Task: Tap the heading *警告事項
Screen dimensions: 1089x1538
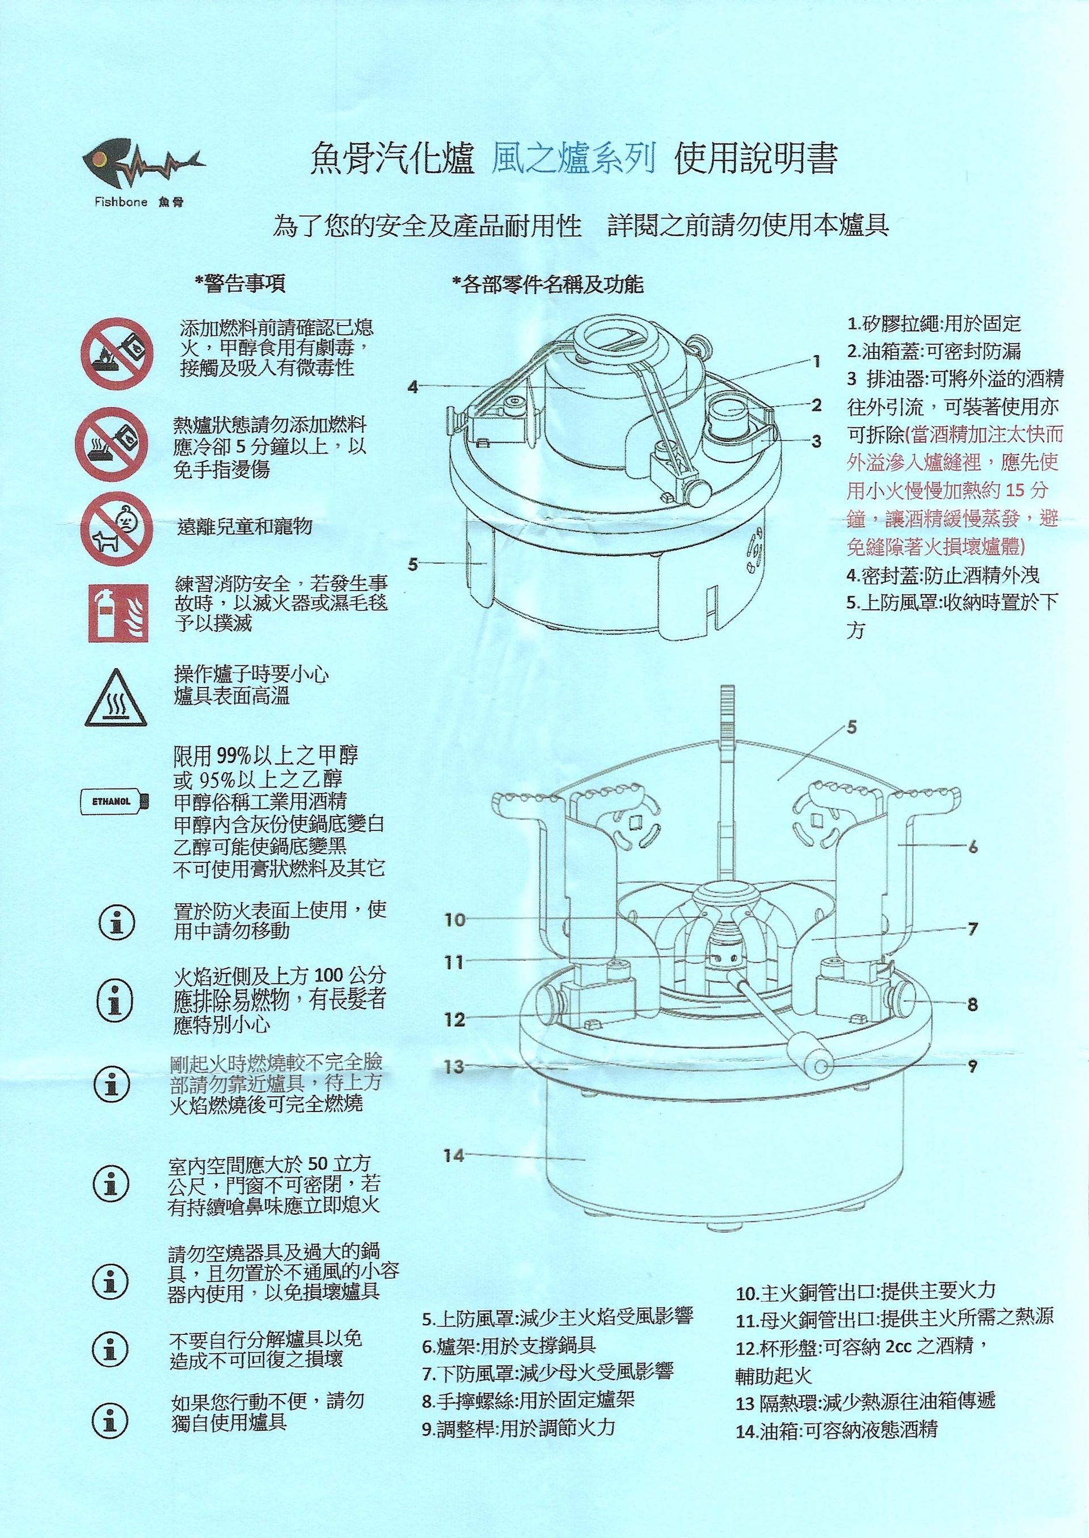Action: pyautogui.click(x=239, y=284)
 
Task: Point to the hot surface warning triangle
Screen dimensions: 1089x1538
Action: pyautogui.click(x=115, y=699)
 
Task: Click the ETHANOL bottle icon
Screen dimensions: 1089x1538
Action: pyautogui.click(x=114, y=801)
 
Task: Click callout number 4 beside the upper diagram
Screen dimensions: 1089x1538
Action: pyautogui.click(x=413, y=387)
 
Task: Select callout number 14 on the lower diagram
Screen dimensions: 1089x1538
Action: pyautogui.click(x=454, y=1155)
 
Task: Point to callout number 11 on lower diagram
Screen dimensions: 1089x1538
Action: pyautogui.click(x=454, y=963)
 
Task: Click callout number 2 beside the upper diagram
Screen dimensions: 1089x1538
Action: pyautogui.click(x=816, y=404)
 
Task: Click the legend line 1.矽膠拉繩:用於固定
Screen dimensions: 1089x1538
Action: pyautogui.click(x=934, y=325)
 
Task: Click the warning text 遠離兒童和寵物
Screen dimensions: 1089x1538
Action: pyautogui.click(x=245, y=526)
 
